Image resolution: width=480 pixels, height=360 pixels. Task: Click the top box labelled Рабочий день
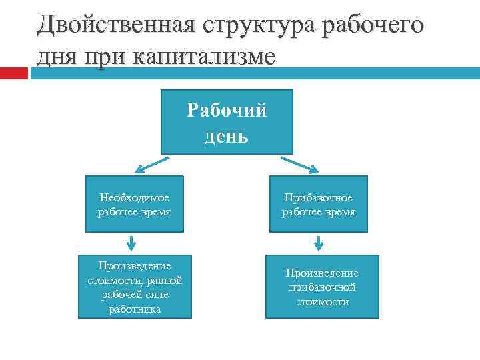click(x=227, y=122)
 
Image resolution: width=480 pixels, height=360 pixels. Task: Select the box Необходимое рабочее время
click(x=134, y=204)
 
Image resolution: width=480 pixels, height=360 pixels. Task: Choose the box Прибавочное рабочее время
click(x=318, y=204)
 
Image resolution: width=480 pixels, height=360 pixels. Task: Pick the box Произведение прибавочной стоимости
click(x=322, y=287)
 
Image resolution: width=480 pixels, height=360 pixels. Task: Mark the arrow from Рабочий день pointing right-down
click(x=301, y=164)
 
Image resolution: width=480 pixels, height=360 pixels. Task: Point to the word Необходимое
click(x=134, y=197)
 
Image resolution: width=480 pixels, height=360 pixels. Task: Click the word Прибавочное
click(x=318, y=198)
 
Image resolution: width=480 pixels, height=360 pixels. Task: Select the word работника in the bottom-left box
click(x=135, y=309)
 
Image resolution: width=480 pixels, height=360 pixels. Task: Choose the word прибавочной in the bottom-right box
click(x=322, y=287)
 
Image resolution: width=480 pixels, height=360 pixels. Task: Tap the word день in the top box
click(x=227, y=136)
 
